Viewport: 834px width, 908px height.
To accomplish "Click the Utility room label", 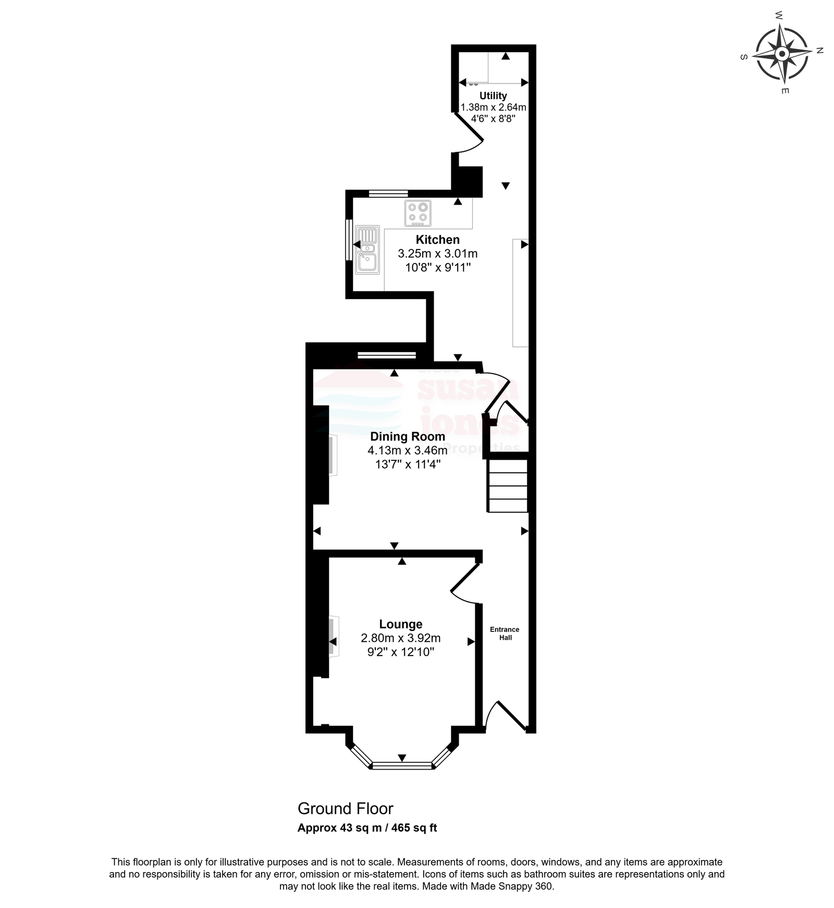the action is tap(493, 96).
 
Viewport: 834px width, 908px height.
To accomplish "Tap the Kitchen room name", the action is tap(438, 240).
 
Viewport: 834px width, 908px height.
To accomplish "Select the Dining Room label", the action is tap(408, 436).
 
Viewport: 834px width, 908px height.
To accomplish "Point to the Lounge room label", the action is tap(401, 624).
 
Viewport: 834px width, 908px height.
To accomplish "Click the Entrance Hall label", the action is tap(505, 634).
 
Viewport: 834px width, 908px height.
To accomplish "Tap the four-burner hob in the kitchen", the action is tap(418, 213).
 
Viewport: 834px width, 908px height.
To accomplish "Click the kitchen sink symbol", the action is tap(367, 250).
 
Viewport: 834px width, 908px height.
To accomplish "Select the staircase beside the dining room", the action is tap(508, 486).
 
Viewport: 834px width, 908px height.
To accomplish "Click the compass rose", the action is tap(782, 54).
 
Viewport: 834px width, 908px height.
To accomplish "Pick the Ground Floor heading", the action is tap(345, 809).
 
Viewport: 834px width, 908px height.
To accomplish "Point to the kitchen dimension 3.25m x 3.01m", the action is tap(438, 254).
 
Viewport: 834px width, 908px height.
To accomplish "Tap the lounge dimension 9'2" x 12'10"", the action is tap(401, 652).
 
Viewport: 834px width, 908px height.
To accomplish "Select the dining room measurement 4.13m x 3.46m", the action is tap(408, 450).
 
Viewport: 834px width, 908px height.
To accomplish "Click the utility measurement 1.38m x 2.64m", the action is tap(493, 107).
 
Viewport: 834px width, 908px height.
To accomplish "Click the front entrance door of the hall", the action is tap(505, 715).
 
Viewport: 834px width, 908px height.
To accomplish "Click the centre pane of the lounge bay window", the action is tap(401, 766).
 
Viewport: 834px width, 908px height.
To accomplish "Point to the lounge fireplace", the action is tap(333, 637).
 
